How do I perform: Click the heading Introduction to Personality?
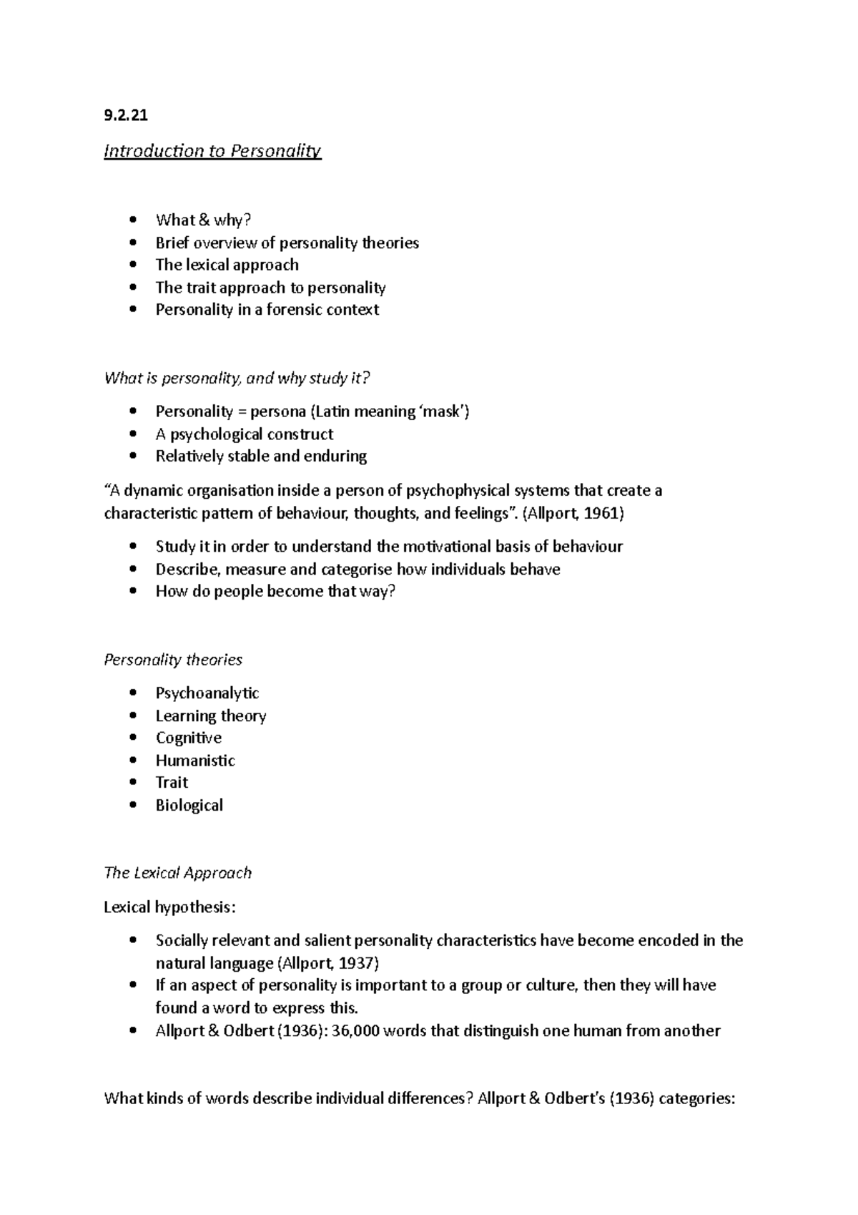click(x=212, y=151)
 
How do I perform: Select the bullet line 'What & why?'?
click(x=203, y=220)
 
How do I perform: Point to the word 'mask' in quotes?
click(x=443, y=411)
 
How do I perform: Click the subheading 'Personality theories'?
click(x=173, y=660)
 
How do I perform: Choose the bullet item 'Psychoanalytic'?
click(x=207, y=693)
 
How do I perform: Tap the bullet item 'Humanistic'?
click(x=194, y=761)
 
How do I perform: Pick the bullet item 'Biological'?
click(x=189, y=806)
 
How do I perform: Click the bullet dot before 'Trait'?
click(x=133, y=783)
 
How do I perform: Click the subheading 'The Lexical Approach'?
click(x=177, y=873)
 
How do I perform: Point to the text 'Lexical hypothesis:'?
click(x=169, y=907)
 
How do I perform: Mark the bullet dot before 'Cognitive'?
click(x=133, y=738)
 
